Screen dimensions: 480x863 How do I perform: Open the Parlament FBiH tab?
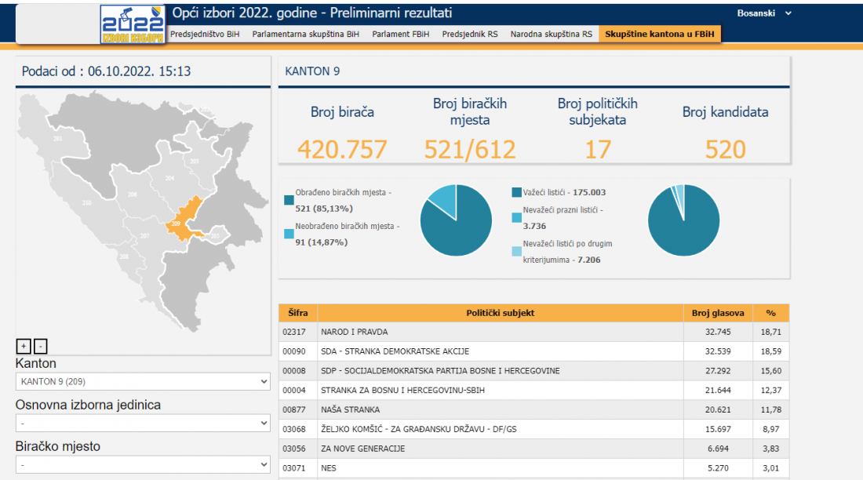(401, 35)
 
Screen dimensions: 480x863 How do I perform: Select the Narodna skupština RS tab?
(551, 35)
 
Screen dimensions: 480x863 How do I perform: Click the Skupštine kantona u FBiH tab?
(659, 35)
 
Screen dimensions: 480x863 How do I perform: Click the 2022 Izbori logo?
(132, 24)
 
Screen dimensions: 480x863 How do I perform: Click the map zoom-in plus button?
(24, 346)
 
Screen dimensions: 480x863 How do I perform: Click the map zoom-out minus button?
(41, 346)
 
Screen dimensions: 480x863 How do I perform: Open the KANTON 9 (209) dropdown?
(143, 381)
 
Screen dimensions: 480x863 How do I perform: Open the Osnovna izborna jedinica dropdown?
(143, 423)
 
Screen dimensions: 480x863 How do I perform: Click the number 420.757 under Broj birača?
(342, 149)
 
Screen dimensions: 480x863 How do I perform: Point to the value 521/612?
(470, 149)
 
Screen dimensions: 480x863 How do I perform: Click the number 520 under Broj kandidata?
(725, 149)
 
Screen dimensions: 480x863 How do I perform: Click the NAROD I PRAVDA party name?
(354, 332)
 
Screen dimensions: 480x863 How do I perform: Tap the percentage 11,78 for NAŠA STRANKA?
(771, 409)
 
